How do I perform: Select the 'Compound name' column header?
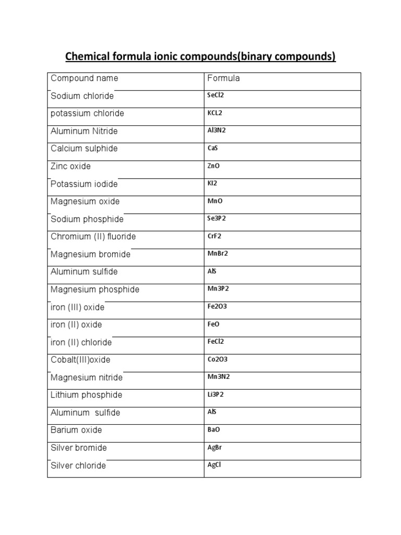84,78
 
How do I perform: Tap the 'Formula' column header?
223,78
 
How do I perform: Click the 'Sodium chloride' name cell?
82,96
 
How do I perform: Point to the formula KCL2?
215,113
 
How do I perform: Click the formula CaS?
213,148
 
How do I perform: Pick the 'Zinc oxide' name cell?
70,166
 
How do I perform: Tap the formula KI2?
213,183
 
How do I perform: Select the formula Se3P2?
216,218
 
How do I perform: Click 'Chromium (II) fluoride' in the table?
93,237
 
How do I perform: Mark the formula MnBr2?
218,253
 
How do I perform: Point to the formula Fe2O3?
217,306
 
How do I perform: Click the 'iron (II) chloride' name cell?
81,343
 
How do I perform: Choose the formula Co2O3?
218,359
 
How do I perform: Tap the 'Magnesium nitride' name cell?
87,378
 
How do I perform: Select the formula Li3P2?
216,394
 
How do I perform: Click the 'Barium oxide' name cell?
76,430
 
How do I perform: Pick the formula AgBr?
215,447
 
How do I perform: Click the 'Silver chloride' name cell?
78,466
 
